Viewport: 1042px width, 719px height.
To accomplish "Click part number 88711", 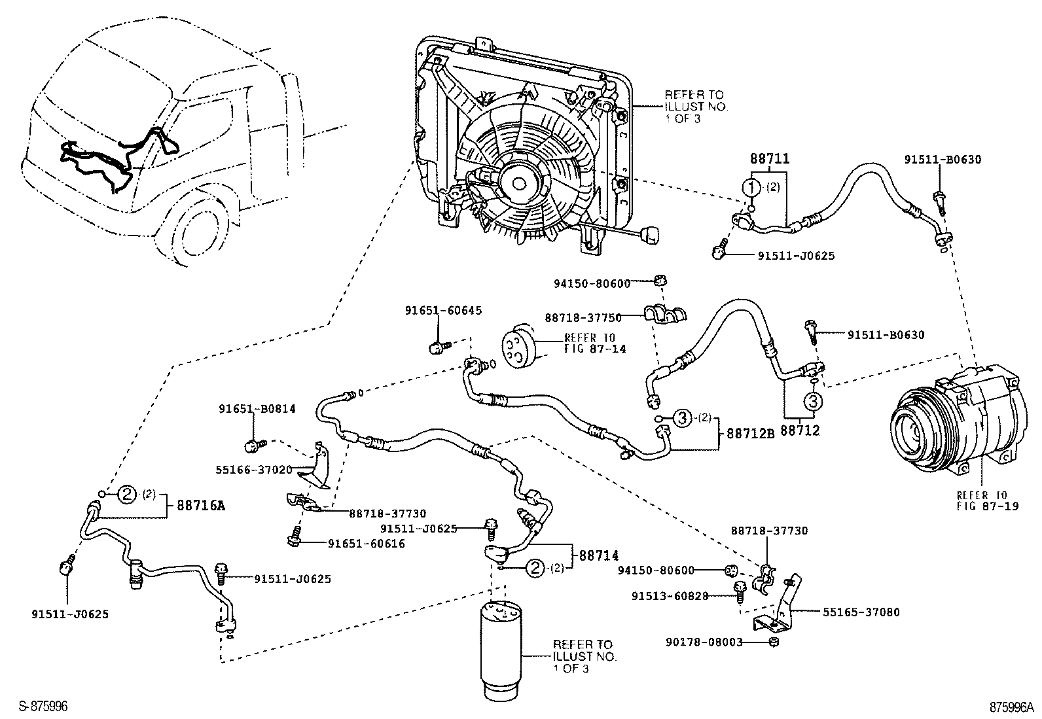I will [769, 159].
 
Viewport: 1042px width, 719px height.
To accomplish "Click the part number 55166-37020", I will [256, 469].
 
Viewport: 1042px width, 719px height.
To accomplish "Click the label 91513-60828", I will [670, 596].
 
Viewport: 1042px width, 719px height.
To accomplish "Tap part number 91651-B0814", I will [257, 409].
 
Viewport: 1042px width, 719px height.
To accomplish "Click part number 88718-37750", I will [583, 317].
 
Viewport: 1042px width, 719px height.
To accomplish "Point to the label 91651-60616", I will [366, 544].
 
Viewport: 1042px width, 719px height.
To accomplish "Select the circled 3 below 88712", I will [812, 400].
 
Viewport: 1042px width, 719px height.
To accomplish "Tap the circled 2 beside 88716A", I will [127, 494].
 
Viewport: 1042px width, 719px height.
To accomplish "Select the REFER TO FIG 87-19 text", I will [987, 500].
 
